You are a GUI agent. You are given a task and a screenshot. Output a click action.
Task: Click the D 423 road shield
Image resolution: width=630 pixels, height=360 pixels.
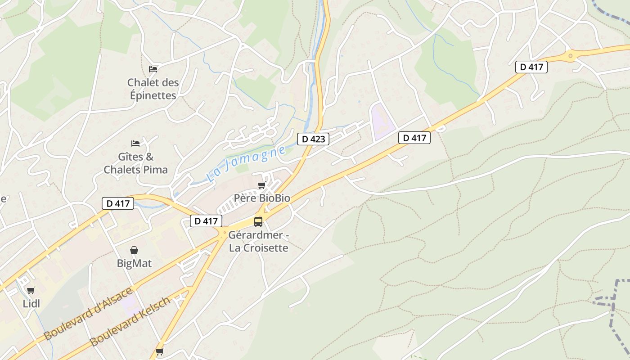(313, 139)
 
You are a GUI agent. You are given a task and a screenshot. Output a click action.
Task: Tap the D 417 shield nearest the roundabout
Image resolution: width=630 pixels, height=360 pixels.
(531, 67)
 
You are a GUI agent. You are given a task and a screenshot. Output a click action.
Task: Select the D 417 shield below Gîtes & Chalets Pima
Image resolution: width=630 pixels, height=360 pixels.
(118, 203)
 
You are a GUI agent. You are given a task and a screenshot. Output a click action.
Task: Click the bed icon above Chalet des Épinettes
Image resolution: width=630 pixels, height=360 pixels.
(153, 69)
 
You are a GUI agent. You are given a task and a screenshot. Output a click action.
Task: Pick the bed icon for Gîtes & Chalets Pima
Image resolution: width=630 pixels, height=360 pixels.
(135, 143)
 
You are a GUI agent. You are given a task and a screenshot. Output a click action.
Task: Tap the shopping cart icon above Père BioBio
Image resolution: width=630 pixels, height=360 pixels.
(261, 185)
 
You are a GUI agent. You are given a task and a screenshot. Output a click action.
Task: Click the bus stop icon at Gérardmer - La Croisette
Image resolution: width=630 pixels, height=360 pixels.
(258, 221)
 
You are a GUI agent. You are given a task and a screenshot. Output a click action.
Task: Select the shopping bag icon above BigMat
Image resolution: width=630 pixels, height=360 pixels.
(134, 250)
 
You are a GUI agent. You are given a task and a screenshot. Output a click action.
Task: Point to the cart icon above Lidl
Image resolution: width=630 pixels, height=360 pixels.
(31, 290)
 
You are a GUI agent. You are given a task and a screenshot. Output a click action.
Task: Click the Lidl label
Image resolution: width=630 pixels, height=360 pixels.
(31, 304)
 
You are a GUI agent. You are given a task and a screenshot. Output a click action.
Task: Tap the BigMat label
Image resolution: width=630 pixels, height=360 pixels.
(135, 263)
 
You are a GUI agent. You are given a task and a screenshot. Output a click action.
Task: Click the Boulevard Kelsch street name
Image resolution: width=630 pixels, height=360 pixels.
(130, 321)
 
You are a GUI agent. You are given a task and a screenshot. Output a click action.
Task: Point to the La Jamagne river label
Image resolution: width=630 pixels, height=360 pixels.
(247, 163)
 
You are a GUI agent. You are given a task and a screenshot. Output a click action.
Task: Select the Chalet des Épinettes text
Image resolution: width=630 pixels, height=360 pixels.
(153, 89)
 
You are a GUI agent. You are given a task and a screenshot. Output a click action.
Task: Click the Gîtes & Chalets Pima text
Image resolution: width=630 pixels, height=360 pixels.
(136, 163)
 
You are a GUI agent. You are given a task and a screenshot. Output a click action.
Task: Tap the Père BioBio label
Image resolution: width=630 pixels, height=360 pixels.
(262, 198)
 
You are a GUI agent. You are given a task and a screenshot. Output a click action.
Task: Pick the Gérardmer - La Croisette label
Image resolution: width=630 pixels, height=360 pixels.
(259, 241)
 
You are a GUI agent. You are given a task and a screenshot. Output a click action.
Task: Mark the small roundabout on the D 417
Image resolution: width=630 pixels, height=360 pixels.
(571, 56)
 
